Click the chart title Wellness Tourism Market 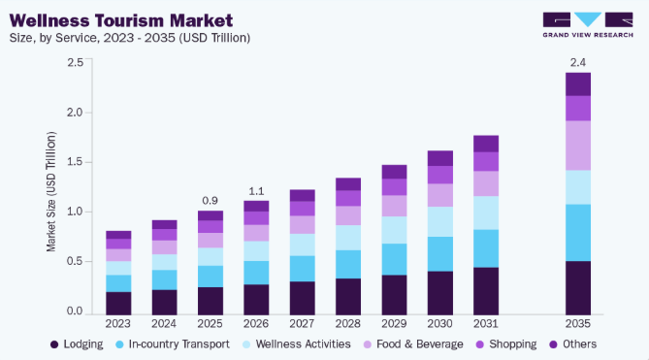click(121, 20)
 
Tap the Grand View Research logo click(588, 25)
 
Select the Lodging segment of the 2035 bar click(578, 288)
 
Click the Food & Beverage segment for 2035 click(578, 146)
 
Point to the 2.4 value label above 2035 click(578, 62)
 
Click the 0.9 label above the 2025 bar click(210, 201)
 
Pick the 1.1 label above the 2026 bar click(256, 191)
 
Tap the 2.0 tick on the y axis click(75, 113)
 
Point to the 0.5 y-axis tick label click(75, 262)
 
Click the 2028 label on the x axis click(348, 323)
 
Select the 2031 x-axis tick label click(486, 323)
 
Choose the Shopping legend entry click(505, 344)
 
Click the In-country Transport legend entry click(173, 344)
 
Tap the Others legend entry click(572, 344)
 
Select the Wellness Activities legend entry click(296, 344)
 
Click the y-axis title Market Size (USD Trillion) click(50, 191)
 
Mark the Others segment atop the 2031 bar click(486, 144)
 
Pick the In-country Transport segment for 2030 click(440, 254)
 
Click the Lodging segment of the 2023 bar click(118, 304)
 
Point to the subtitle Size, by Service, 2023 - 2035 click(130, 38)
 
